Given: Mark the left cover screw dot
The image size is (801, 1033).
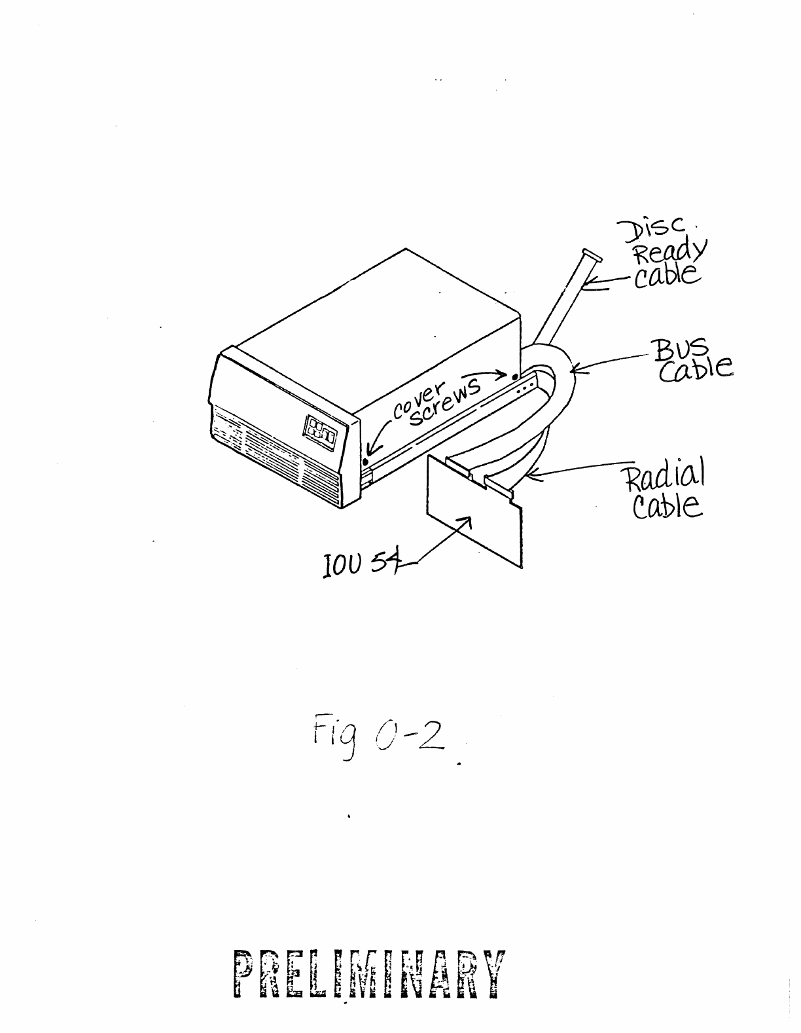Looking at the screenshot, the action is pos(365,462).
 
